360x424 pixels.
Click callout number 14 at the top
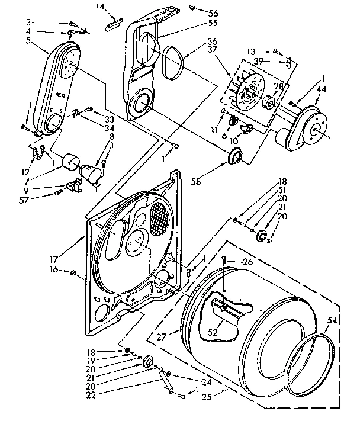pyautogui.click(x=99, y=6)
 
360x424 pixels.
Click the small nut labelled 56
pyautogui.click(x=194, y=8)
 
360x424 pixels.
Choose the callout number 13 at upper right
pyautogui.click(x=267, y=52)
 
